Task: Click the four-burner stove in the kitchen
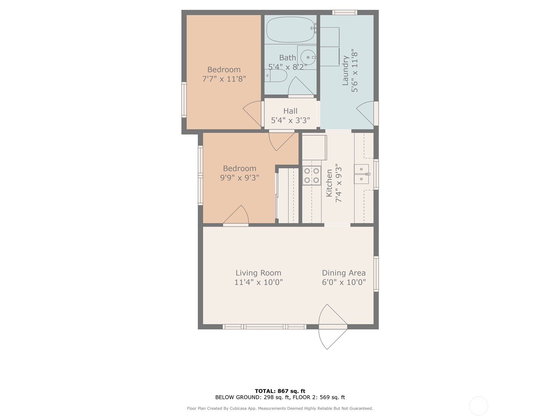[x=311, y=175]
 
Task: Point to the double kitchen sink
[x=361, y=174]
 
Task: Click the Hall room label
[x=290, y=111]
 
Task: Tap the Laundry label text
[x=345, y=71]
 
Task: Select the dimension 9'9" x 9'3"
[x=239, y=178]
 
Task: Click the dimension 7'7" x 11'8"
[x=224, y=79]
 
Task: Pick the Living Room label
[x=258, y=273]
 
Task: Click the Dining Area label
[x=344, y=273]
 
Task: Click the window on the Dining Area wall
[x=376, y=274]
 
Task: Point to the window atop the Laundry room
[x=344, y=13]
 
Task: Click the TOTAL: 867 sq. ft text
[x=280, y=391]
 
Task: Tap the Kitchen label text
[x=329, y=183]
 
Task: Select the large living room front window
[x=264, y=327]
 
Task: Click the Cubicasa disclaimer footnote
[x=280, y=408]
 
